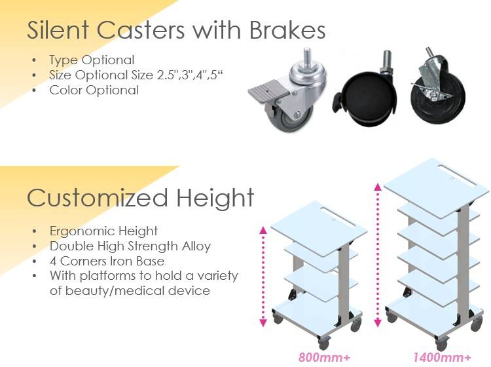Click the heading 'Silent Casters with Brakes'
pyautogui.click(x=176, y=30)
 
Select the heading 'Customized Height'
pyautogui.click(x=141, y=197)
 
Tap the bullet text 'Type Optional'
pyautogui.click(x=92, y=60)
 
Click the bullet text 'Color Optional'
pyautogui.click(x=94, y=90)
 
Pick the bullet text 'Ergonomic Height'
pyautogui.click(x=103, y=231)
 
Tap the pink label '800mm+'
pyautogui.click(x=320, y=357)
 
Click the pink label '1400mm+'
pyautogui.click(x=441, y=357)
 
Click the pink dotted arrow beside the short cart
pyautogui.click(x=263, y=275)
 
